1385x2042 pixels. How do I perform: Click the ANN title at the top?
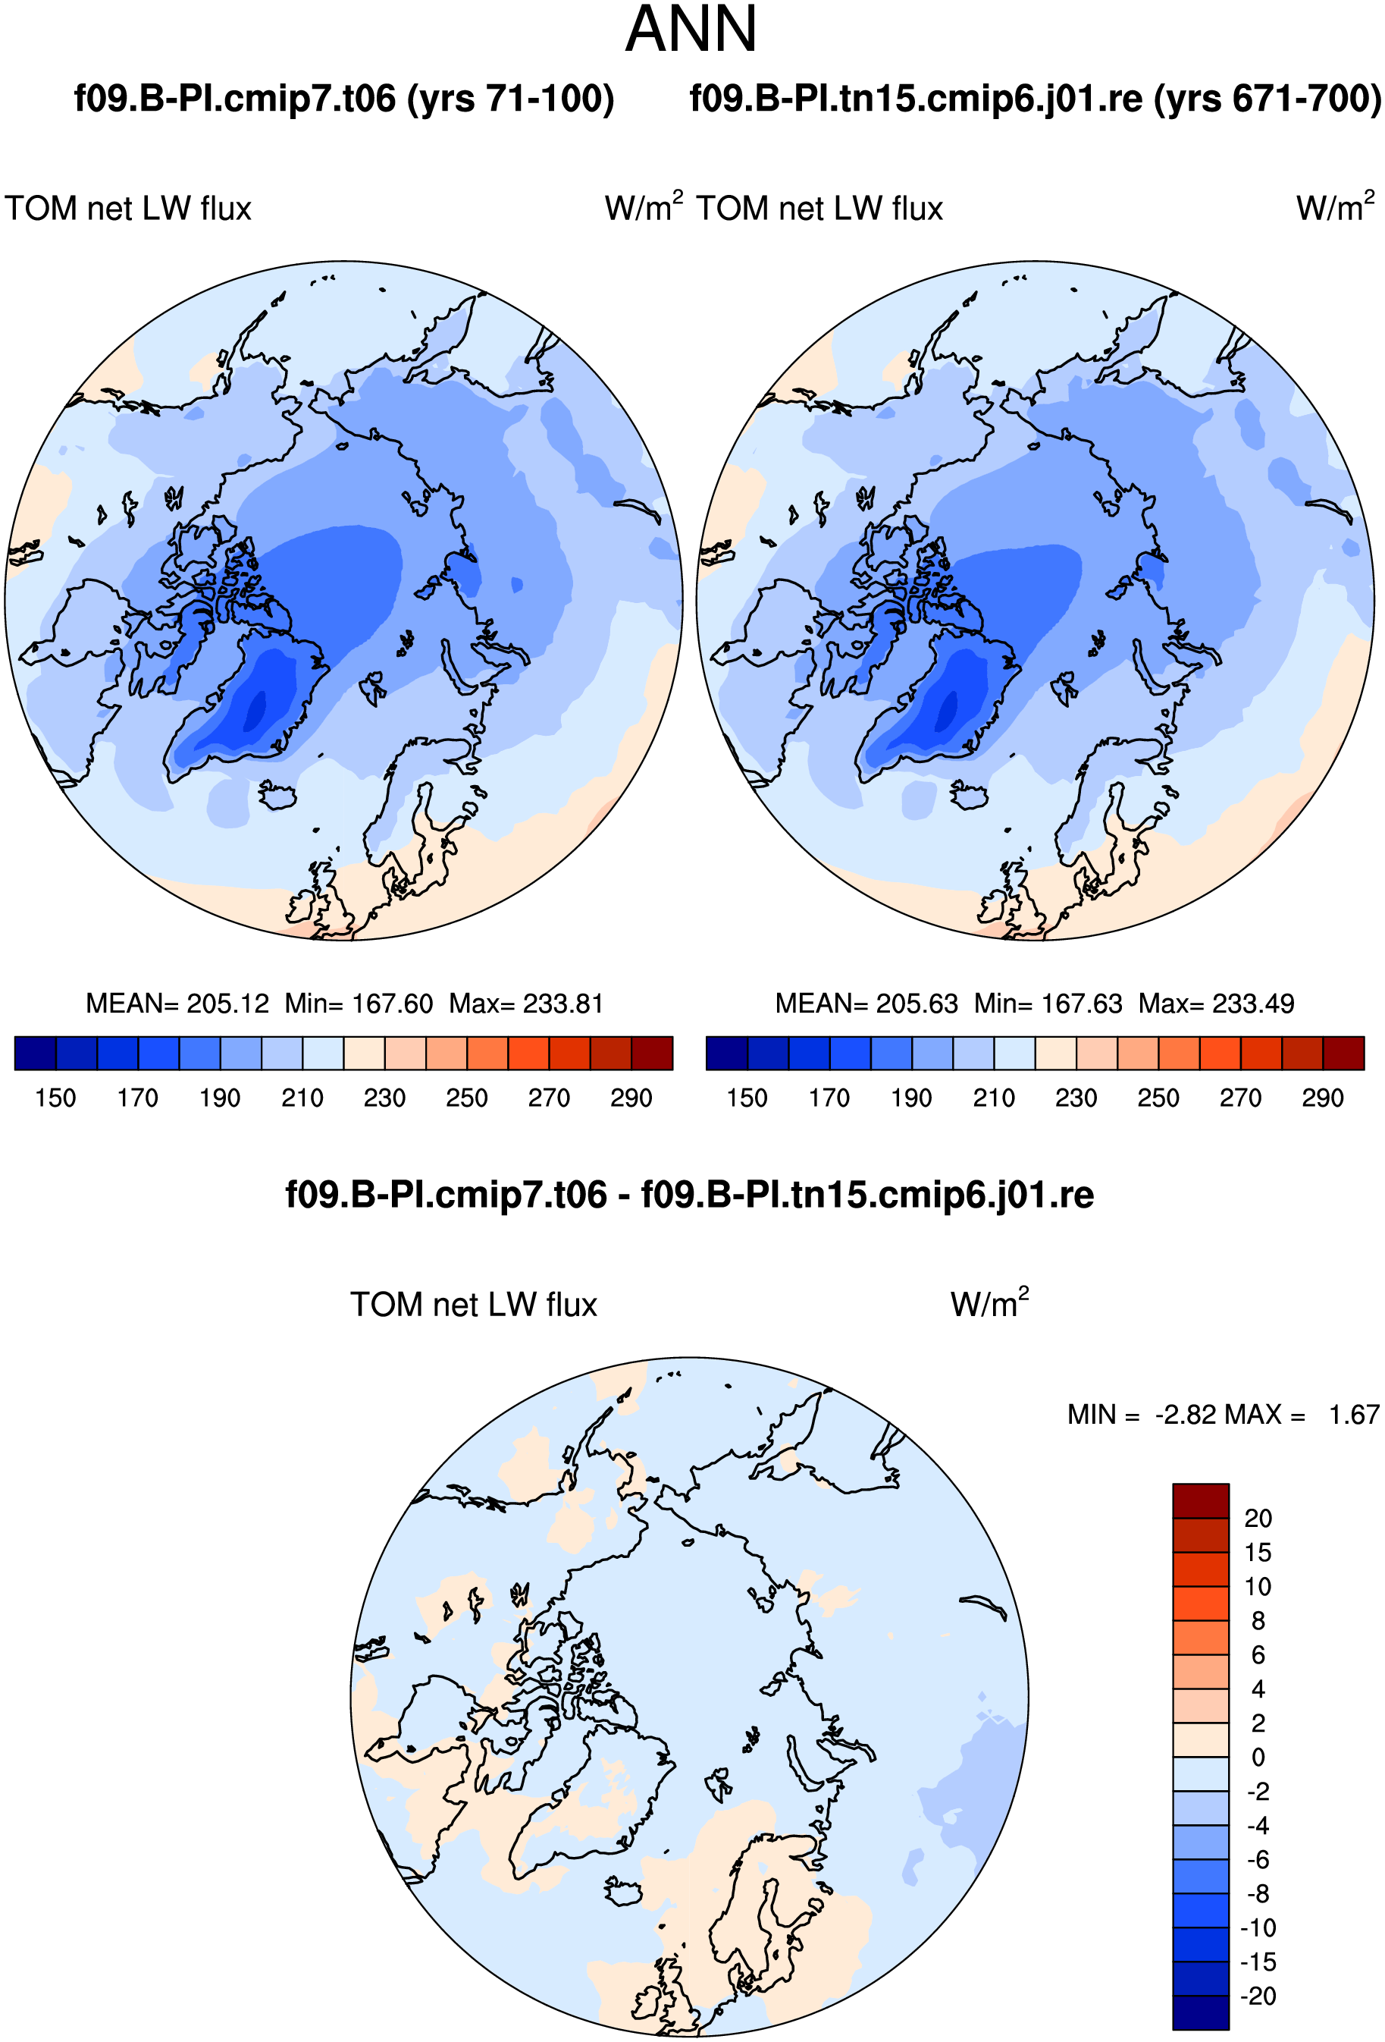pyautogui.click(x=691, y=30)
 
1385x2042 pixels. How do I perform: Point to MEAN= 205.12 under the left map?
pyautogui.click(x=177, y=1004)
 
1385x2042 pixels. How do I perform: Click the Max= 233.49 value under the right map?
pyautogui.click(x=1217, y=1004)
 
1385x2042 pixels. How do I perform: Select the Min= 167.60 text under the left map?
pyautogui.click(x=359, y=1004)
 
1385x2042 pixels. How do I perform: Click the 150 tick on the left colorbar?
pyautogui.click(x=55, y=1098)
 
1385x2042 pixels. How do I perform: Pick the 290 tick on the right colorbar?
pyautogui.click(x=1323, y=1098)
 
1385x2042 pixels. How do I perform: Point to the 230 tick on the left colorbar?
pyautogui.click(x=384, y=1098)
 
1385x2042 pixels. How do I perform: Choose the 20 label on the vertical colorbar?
pyautogui.click(x=1258, y=1519)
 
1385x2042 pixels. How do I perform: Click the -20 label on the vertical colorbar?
pyautogui.click(x=1258, y=1996)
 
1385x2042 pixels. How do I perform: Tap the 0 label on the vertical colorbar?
pyautogui.click(x=1258, y=1758)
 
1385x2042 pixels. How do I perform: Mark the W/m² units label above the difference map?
pyautogui.click(x=990, y=1303)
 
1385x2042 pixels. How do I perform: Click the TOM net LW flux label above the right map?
pyautogui.click(x=819, y=209)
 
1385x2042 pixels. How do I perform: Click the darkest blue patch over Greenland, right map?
pyautogui.click(x=947, y=711)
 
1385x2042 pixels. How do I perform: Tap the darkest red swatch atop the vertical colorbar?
pyautogui.click(x=1201, y=1500)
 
